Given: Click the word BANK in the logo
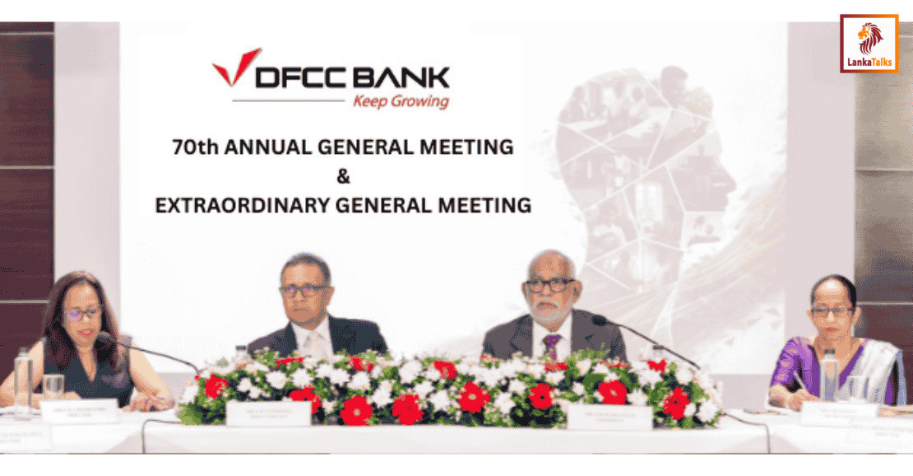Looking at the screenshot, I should [x=402, y=77].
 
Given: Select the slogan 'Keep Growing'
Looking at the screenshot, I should [x=401, y=102].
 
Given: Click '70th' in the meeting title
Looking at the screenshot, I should [x=190, y=147].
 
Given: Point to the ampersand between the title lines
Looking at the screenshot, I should [x=343, y=176].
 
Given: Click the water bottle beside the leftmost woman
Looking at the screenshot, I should [x=23, y=383].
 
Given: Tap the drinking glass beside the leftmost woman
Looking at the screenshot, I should [x=53, y=387].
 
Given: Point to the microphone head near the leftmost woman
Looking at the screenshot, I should [x=106, y=338].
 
